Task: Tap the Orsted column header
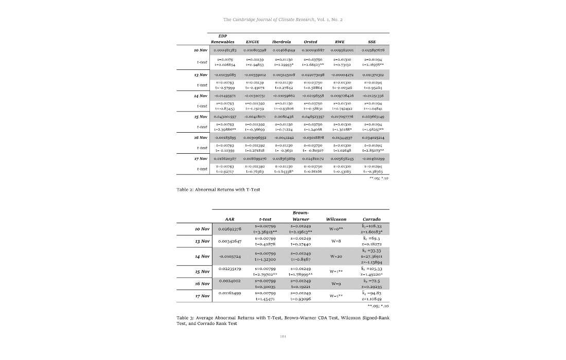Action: (311, 42)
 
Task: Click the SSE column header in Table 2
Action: (372, 42)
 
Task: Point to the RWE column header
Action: (340, 42)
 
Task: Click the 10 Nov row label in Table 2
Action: (200, 50)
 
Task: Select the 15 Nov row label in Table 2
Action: (200, 117)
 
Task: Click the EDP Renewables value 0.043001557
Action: (225, 117)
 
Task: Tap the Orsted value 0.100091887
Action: (313, 50)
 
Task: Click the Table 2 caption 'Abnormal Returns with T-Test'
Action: (218, 190)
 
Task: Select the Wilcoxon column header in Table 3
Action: (337, 219)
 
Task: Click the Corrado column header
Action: (372, 219)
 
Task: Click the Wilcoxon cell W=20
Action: (337, 256)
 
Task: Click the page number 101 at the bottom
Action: (283, 336)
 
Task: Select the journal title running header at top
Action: (283, 20)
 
